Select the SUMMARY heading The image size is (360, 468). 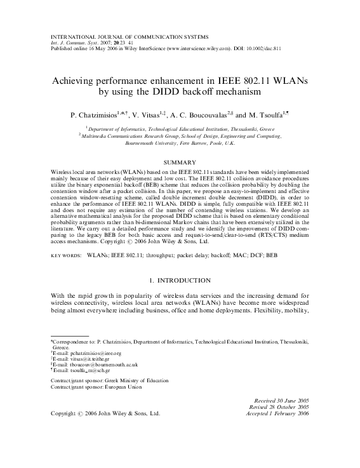click(180, 163)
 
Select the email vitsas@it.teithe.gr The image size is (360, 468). click(82, 359)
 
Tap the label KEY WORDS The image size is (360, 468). click(65, 254)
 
